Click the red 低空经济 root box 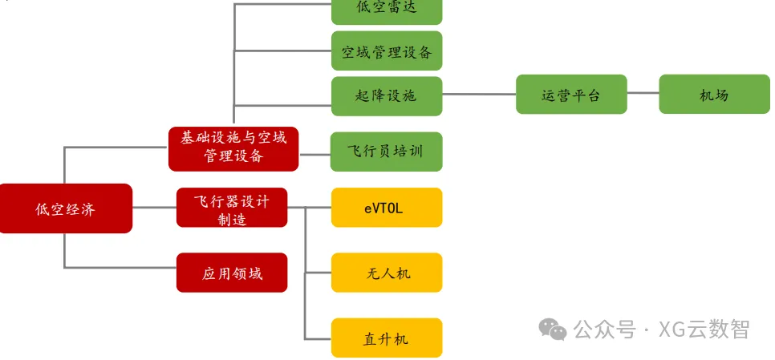(x=65, y=208)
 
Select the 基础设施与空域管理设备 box (x=233, y=148)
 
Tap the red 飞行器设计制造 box (x=231, y=208)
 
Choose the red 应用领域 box (x=231, y=273)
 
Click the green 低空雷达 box (x=386, y=10)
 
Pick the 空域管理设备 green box (x=386, y=51)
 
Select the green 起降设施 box (x=386, y=95)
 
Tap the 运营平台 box (x=570, y=95)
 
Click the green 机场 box (x=713, y=95)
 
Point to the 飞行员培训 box (x=386, y=152)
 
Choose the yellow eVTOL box (x=386, y=208)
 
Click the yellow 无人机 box (x=386, y=273)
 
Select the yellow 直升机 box (x=386, y=338)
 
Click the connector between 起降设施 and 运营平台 (x=479, y=94)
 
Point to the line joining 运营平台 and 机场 (x=643, y=94)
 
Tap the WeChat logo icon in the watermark (x=552, y=328)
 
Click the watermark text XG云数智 (x=704, y=329)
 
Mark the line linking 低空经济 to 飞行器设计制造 (x=154, y=208)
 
